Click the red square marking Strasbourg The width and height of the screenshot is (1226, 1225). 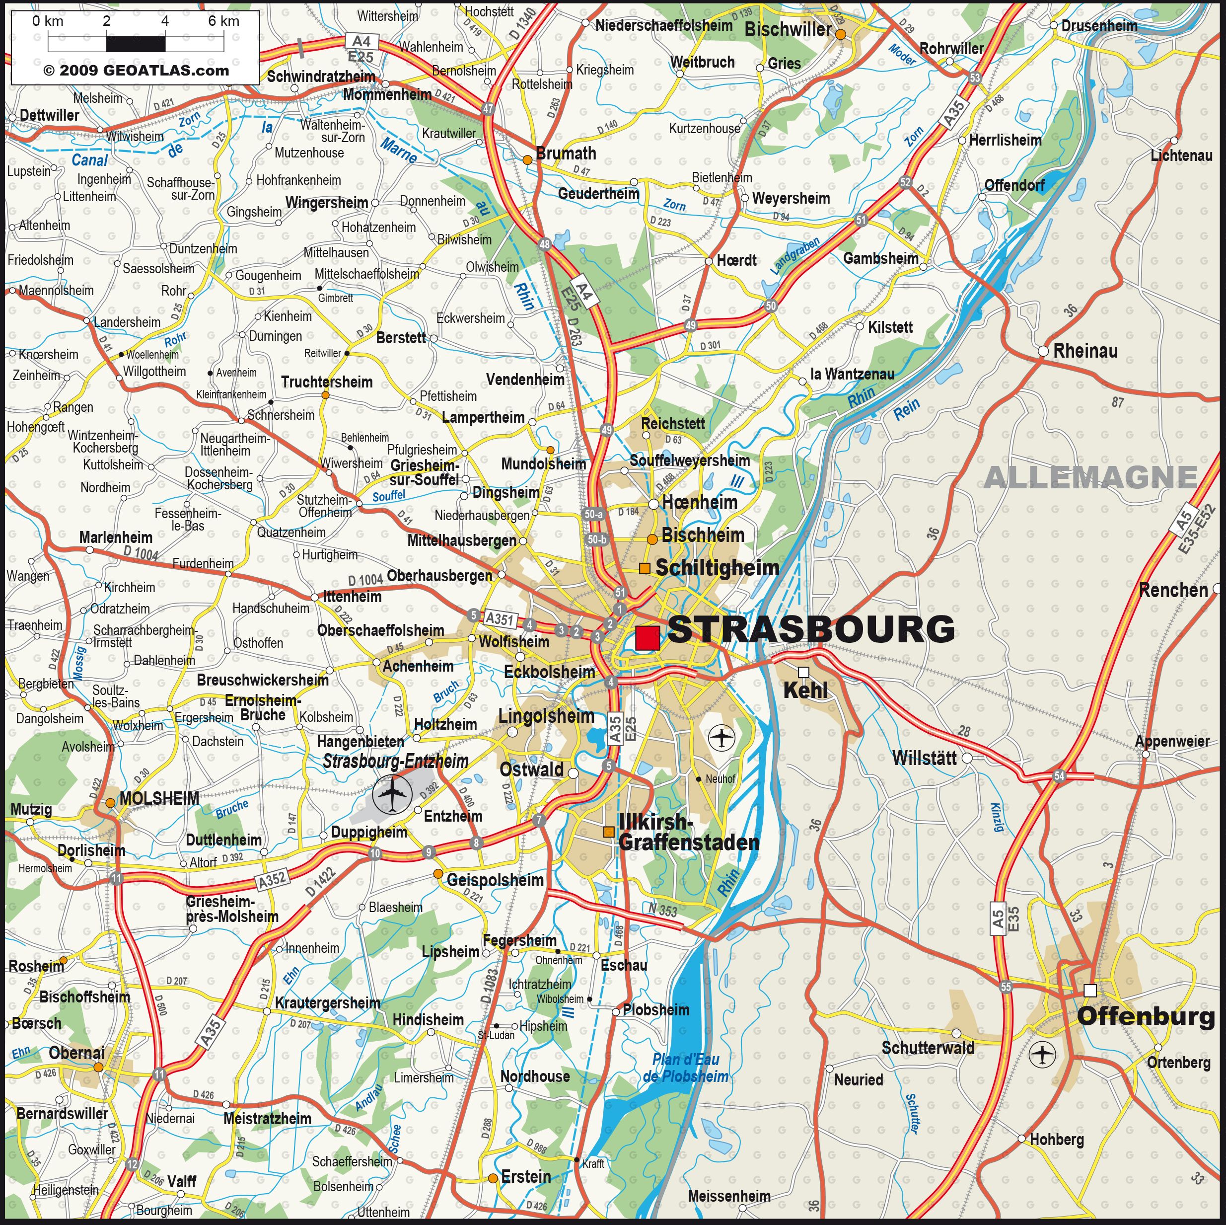(x=648, y=637)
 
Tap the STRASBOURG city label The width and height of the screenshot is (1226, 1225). (x=811, y=629)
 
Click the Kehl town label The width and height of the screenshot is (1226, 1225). (x=805, y=690)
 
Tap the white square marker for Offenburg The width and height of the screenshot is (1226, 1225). (x=1089, y=990)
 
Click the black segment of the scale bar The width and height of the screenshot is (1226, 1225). (x=135, y=44)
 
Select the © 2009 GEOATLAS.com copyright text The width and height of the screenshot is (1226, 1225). (x=136, y=71)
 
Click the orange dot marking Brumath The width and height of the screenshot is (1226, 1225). (x=527, y=160)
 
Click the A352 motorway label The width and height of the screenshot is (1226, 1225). (x=272, y=880)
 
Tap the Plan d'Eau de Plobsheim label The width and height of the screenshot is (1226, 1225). (x=685, y=1068)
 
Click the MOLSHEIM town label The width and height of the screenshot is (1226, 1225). (x=159, y=798)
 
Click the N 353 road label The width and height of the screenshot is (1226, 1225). (x=662, y=910)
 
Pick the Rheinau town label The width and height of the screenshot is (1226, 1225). (x=1085, y=350)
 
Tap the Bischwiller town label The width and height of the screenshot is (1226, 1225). (x=787, y=29)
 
